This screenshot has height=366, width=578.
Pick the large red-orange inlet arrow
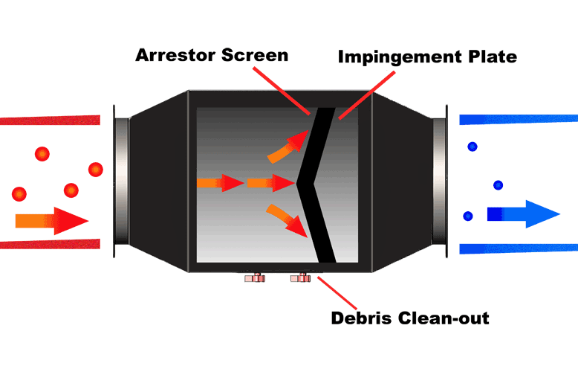pos(52,220)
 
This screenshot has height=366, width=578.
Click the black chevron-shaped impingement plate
pos(313,183)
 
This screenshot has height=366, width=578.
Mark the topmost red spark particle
pos(42,154)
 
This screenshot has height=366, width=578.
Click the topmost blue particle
pos(472,147)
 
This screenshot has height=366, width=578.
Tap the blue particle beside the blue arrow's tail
pos(468,216)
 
